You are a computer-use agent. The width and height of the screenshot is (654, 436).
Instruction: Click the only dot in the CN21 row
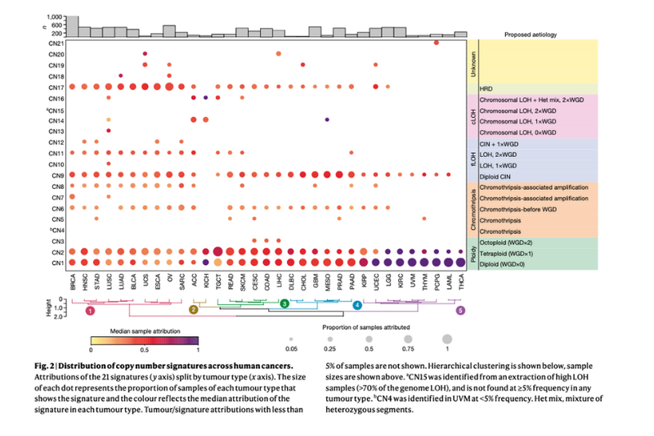click(437, 43)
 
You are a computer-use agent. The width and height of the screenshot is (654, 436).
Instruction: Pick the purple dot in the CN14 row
click(326, 119)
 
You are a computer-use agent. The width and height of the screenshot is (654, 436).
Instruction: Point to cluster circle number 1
click(91, 311)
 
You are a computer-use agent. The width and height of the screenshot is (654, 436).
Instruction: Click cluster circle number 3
click(284, 304)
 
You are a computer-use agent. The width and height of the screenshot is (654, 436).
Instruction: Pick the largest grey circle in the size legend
click(446, 337)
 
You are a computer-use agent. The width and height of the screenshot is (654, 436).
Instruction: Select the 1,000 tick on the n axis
click(55, 16)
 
